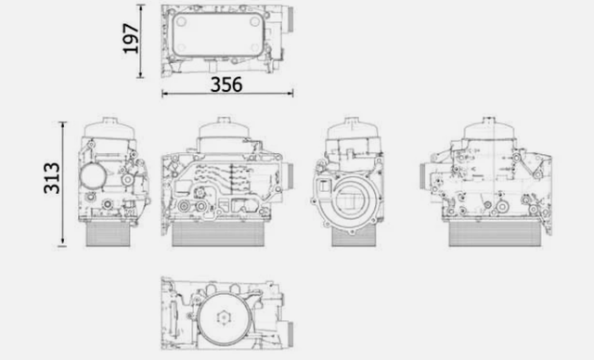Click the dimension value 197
point(131,39)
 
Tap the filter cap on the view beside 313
point(109,128)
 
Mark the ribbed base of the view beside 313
point(110,235)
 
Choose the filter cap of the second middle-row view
point(221,129)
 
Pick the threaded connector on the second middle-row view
point(287,174)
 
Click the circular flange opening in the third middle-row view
point(355,201)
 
